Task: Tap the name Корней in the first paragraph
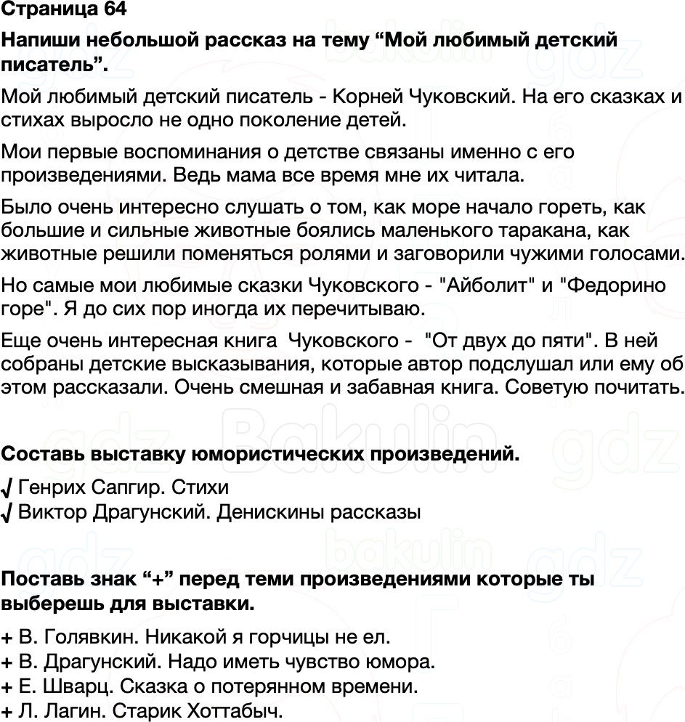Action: tap(368, 97)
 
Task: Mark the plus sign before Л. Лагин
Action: tap(7, 710)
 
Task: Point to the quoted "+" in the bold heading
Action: tap(153, 580)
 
